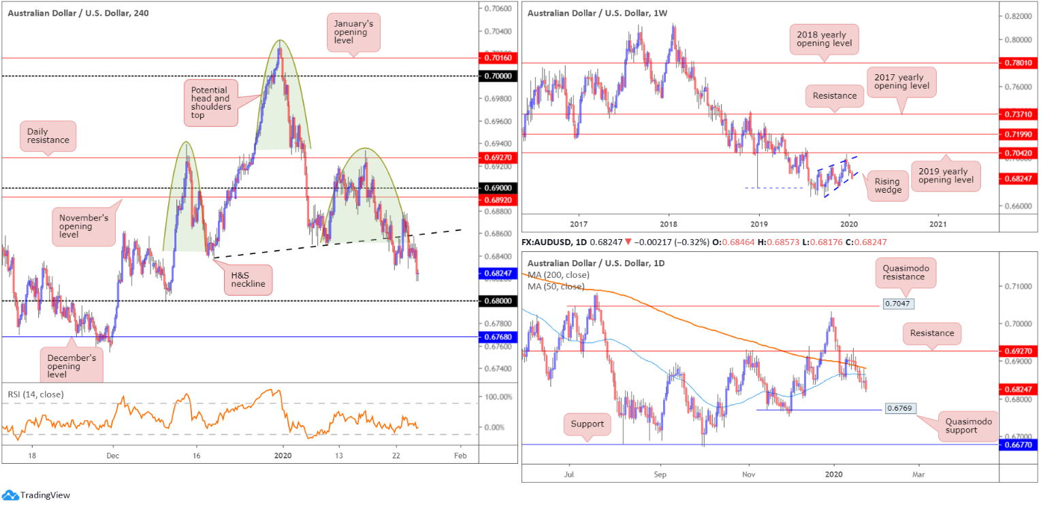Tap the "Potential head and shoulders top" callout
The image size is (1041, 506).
point(211,101)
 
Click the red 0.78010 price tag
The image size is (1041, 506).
point(1019,63)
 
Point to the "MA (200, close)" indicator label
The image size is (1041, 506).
point(558,274)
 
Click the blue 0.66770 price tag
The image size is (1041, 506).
point(1019,445)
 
